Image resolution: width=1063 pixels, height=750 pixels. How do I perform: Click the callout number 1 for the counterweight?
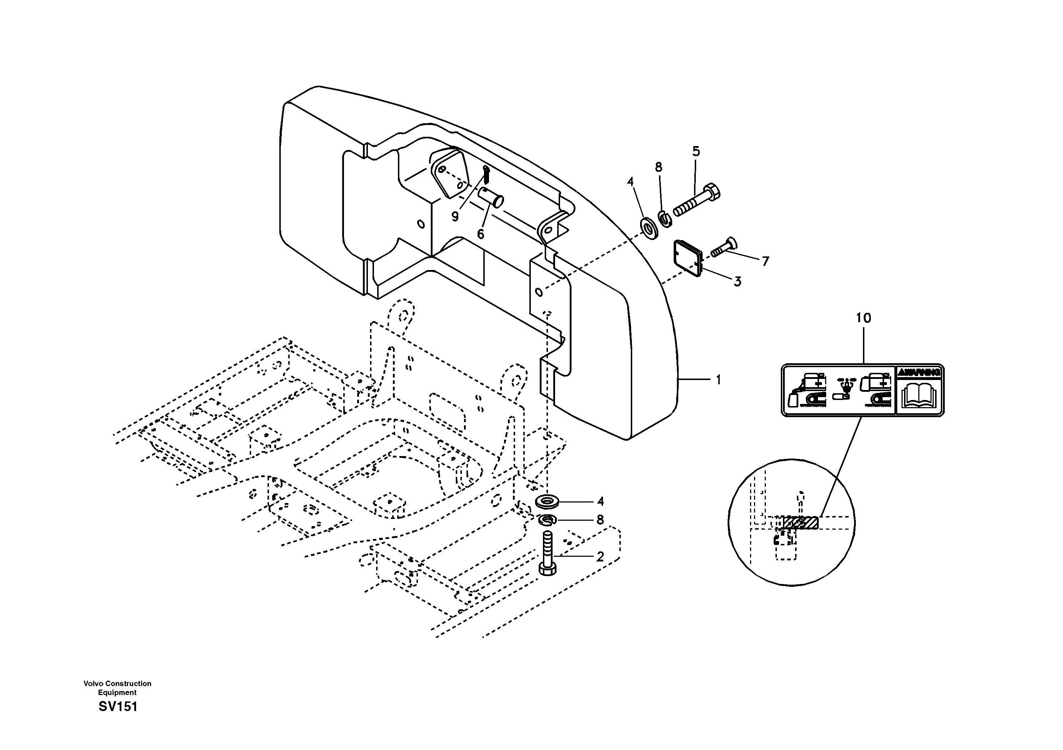coord(718,380)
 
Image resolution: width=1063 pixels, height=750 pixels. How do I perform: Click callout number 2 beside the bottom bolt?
coord(600,557)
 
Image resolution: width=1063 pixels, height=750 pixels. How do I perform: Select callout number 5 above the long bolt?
coord(696,151)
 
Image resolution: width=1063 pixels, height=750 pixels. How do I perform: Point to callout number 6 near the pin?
coord(480,234)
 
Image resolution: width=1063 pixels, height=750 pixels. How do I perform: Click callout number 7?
coord(765,261)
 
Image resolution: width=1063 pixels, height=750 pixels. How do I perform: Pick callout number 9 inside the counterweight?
coord(455,216)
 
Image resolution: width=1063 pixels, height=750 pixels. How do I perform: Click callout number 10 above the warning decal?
coord(863,318)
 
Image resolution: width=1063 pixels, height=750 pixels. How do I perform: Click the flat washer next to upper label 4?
coord(650,228)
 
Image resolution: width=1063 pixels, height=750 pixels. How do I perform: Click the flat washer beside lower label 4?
coord(547,501)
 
